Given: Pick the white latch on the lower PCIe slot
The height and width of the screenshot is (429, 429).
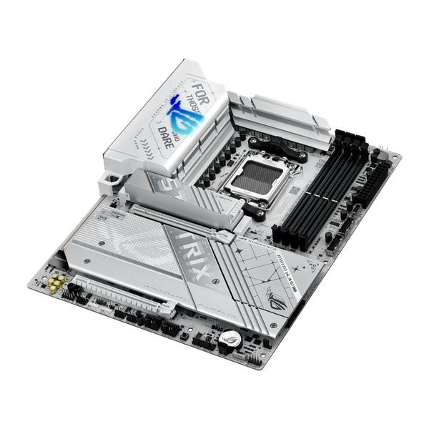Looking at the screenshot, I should [172, 310].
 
